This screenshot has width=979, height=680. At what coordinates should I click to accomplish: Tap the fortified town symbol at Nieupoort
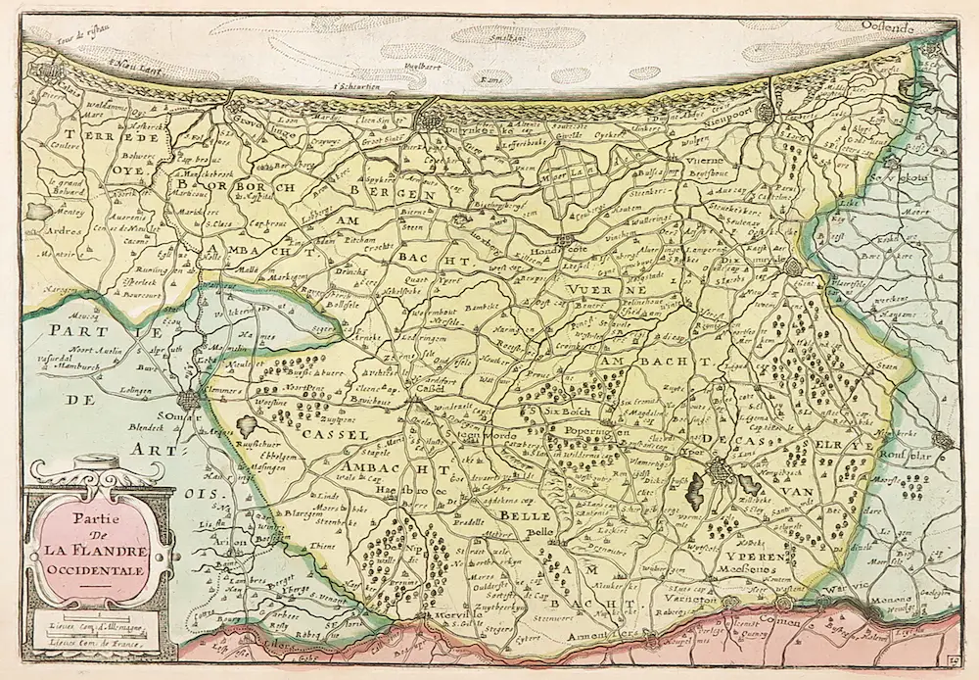[766, 110]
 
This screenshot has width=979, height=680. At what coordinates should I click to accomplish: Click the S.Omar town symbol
[190, 400]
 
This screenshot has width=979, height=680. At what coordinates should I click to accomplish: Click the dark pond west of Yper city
[696, 484]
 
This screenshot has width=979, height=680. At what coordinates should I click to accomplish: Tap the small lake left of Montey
[37, 211]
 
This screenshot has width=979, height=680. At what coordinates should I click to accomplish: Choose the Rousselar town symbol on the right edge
[942, 440]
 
